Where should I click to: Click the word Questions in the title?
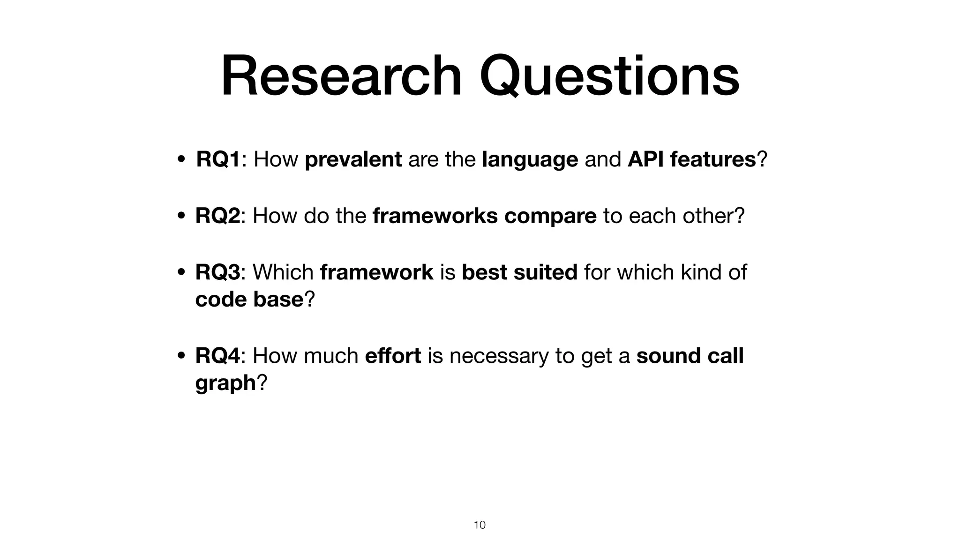click(609, 76)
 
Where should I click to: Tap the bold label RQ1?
click(218, 159)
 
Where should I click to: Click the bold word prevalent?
click(353, 159)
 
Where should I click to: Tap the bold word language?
click(530, 159)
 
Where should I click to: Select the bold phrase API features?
click(691, 159)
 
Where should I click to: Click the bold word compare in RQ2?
click(550, 216)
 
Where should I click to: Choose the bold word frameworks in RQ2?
click(435, 216)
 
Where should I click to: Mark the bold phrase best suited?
click(519, 272)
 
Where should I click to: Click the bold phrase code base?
click(249, 299)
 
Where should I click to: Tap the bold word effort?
click(393, 355)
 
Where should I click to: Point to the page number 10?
click(480, 525)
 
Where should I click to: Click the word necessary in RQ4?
click(498, 355)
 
